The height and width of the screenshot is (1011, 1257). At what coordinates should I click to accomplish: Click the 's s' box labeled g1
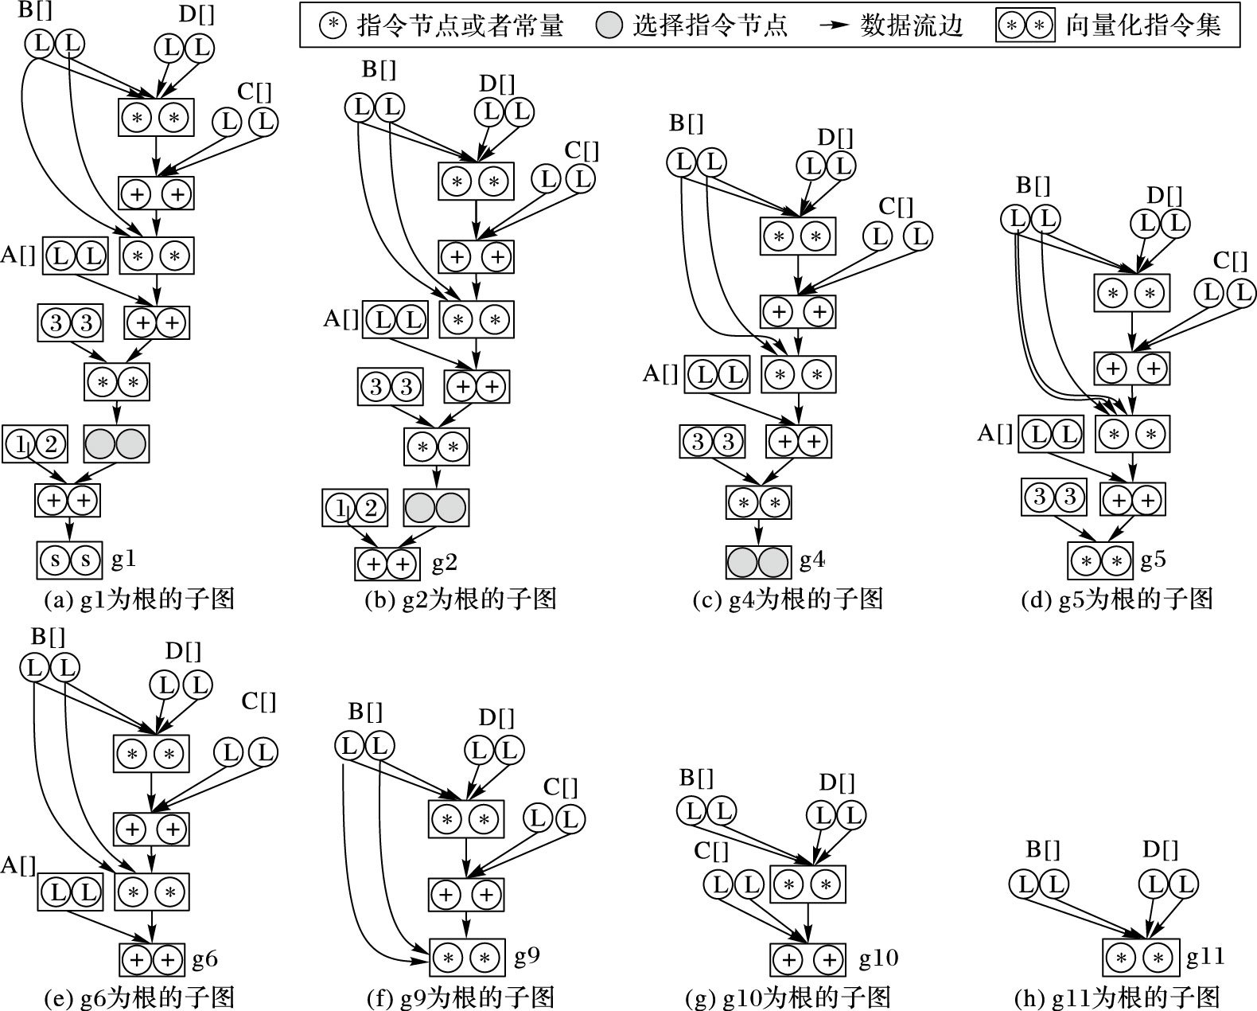point(68,560)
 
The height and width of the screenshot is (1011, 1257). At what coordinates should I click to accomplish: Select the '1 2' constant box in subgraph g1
point(35,444)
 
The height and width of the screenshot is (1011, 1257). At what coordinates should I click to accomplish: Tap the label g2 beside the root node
point(444,563)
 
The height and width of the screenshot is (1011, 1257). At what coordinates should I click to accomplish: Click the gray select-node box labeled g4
point(758,561)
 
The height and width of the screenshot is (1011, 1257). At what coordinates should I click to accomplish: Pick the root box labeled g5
point(1099,560)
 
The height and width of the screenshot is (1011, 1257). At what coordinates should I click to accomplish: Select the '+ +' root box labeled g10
point(808,960)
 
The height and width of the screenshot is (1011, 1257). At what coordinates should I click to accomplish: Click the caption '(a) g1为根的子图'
point(140,599)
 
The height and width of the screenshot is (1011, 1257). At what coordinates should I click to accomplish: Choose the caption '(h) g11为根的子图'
point(1117,997)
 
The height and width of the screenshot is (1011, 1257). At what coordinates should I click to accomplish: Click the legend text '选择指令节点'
point(710,26)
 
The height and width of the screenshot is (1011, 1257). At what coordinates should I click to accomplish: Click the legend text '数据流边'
point(912,26)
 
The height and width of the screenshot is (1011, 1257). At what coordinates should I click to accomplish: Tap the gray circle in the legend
point(609,26)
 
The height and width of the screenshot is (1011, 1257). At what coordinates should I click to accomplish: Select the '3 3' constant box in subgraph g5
point(1054,498)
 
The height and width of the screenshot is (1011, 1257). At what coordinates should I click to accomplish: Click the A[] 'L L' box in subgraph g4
point(717,375)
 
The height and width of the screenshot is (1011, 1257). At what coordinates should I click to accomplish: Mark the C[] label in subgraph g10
point(711,851)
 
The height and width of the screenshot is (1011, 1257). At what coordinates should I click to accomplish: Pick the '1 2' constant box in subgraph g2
point(355,508)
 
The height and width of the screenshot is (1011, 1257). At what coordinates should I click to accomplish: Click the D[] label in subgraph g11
point(1160,849)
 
